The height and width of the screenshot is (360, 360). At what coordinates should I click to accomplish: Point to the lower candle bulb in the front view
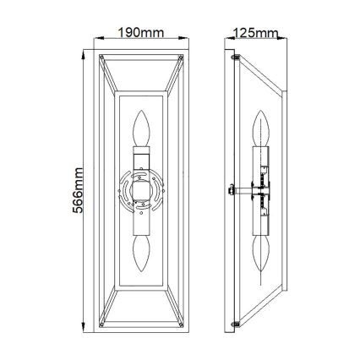point(143,252)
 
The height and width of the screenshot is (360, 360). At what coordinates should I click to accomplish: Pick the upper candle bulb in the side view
point(264,132)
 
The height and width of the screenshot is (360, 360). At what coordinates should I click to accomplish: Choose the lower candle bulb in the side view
point(264,252)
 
